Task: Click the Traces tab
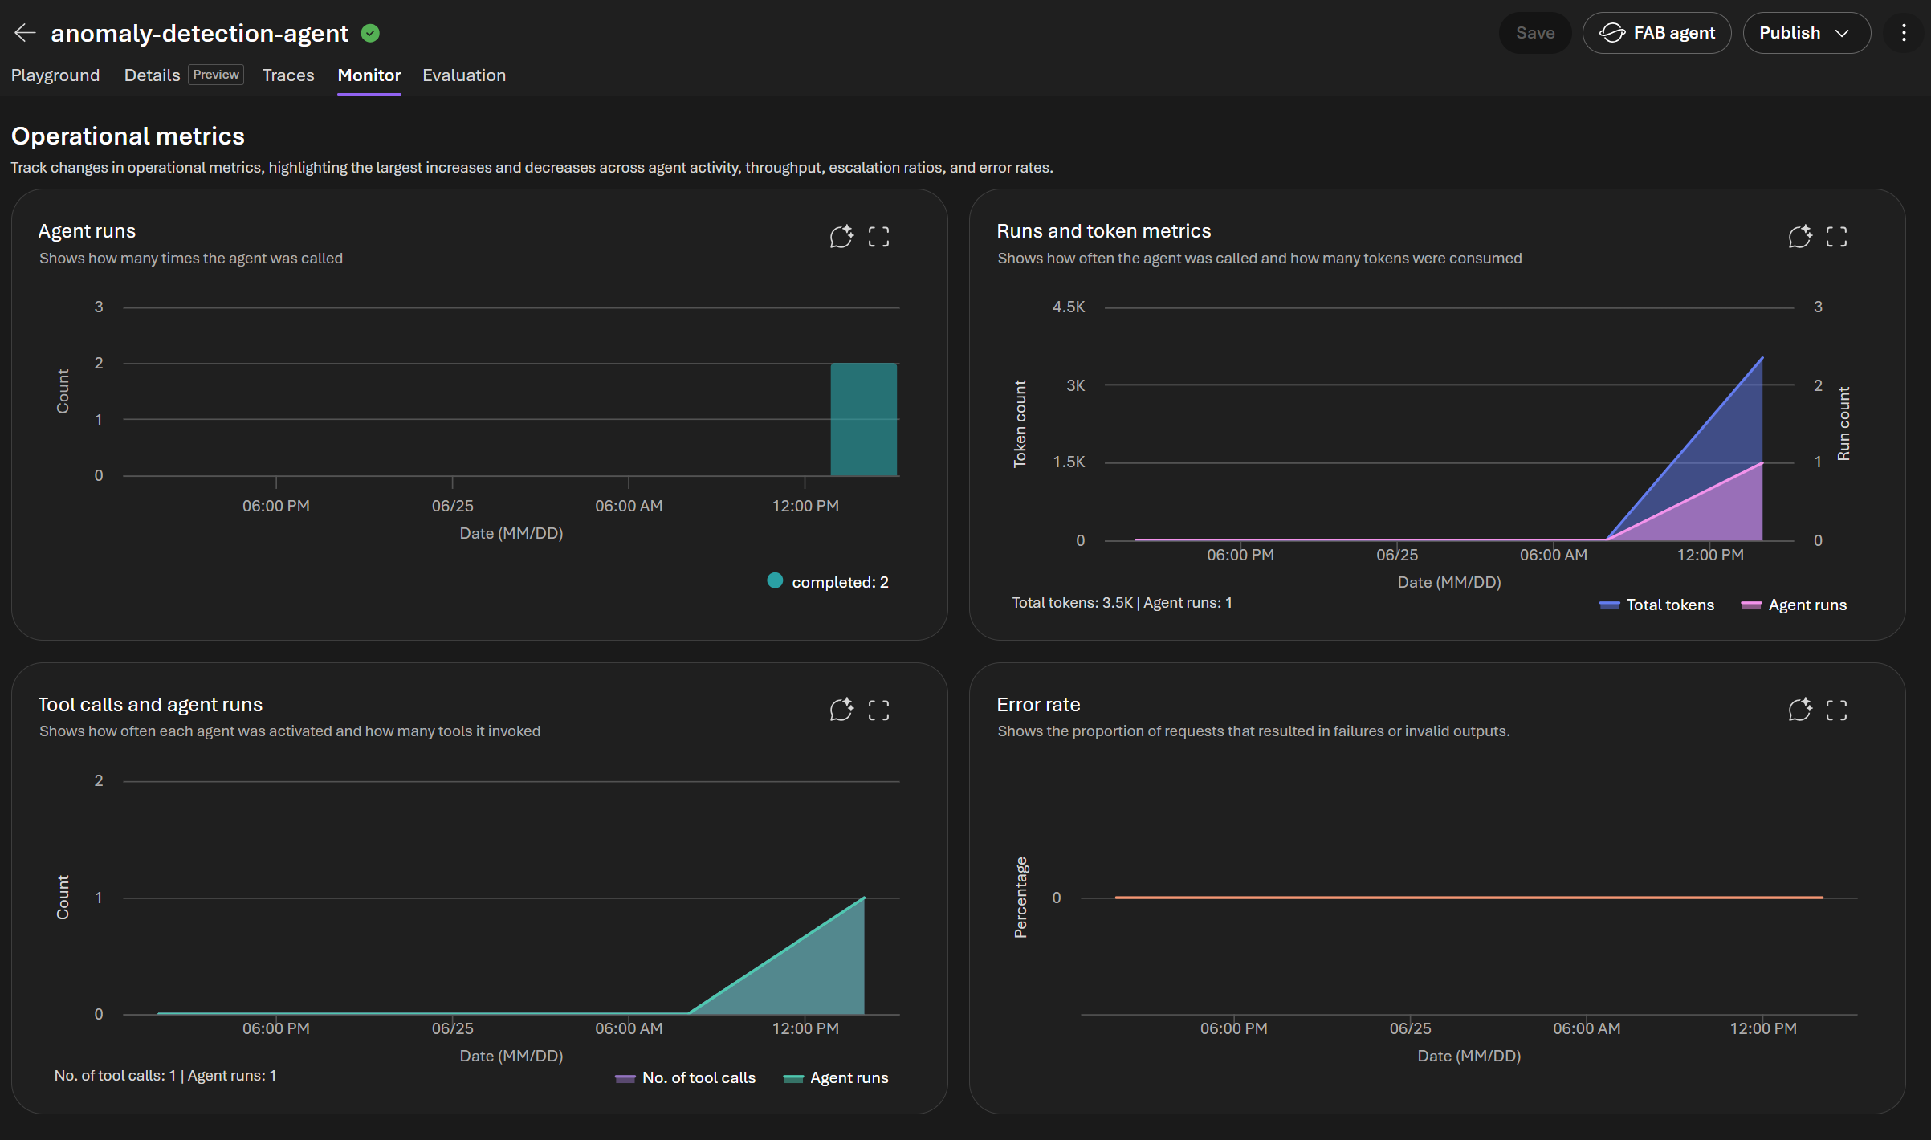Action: [288, 75]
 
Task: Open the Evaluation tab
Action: [464, 75]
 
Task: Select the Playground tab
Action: [55, 75]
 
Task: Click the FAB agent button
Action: [1656, 33]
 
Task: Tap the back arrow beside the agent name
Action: [25, 33]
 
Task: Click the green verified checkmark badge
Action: [370, 33]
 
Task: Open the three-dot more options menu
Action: [1904, 33]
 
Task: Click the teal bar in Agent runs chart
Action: [864, 419]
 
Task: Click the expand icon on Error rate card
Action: [1836, 710]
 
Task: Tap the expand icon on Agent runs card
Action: [878, 237]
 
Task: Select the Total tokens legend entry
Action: [1656, 605]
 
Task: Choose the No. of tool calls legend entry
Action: [685, 1077]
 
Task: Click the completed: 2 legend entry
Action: [828, 581]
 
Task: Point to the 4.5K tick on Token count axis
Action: [1069, 307]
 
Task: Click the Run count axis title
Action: [1843, 424]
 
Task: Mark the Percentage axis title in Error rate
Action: [1020, 898]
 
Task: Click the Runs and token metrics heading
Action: [1104, 231]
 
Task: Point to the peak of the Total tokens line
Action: [1762, 357]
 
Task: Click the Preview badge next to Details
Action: [216, 75]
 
